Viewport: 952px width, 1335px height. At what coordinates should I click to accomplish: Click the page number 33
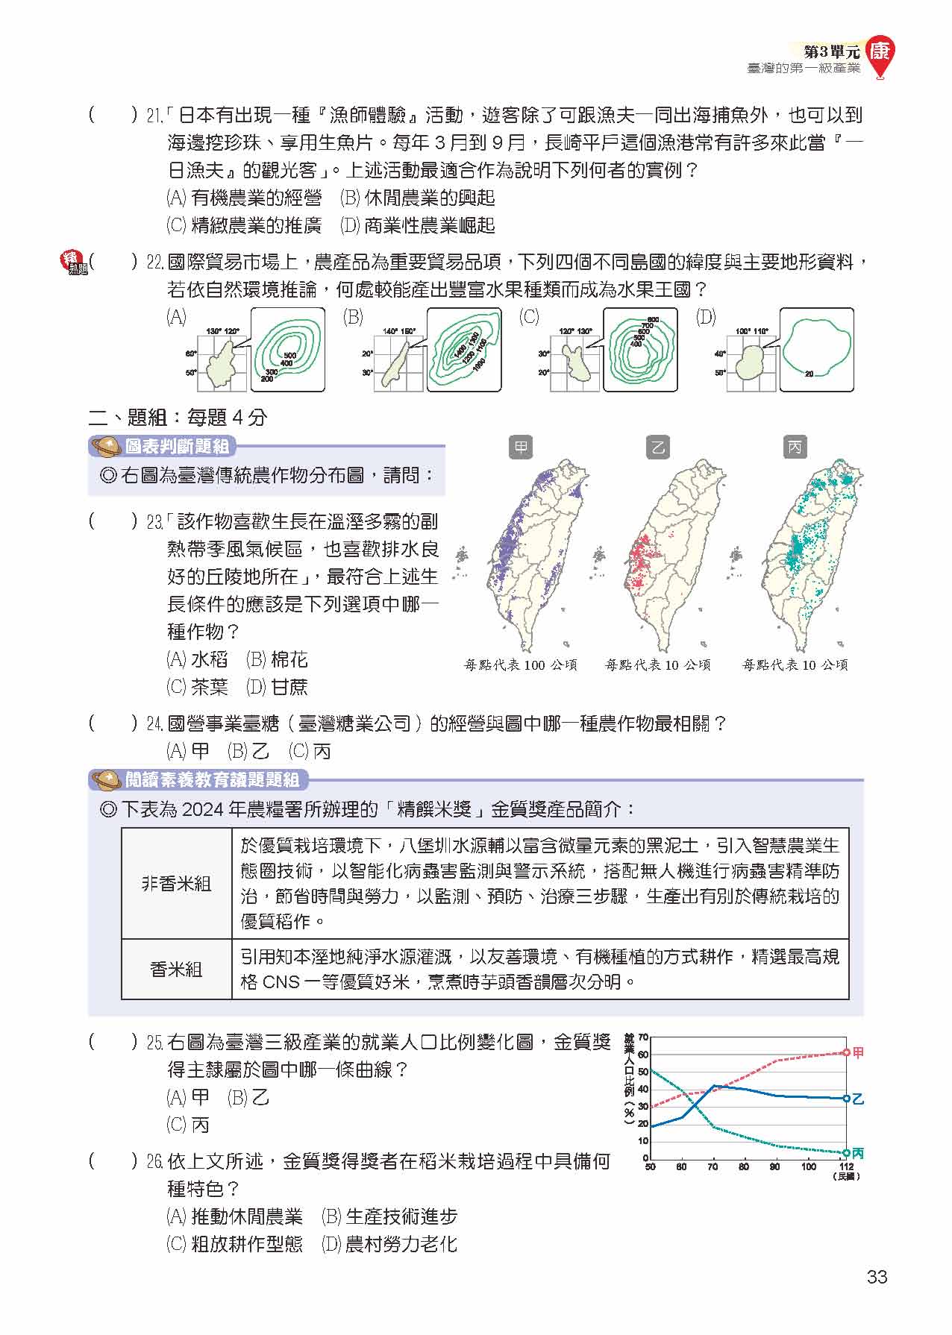point(877,1277)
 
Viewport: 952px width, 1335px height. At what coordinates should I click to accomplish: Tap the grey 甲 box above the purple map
point(521,447)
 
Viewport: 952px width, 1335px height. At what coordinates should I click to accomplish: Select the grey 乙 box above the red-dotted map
point(657,447)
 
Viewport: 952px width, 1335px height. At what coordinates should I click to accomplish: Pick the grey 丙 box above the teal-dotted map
point(795,447)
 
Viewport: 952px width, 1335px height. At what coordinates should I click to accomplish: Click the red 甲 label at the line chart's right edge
point(858,1052)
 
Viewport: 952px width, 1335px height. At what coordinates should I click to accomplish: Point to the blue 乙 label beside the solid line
point(858,1099)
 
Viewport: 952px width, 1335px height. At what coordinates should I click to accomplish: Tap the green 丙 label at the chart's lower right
point(858,1153)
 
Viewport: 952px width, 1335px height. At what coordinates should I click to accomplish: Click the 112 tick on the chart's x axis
point(846,1166)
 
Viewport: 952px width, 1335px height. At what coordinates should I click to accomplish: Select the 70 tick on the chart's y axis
point(643,1037)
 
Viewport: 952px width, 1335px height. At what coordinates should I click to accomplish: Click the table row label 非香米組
point(177,884)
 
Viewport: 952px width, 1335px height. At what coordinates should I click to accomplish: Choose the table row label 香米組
point(177,969)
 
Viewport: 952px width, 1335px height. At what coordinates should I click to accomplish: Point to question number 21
point(154,116)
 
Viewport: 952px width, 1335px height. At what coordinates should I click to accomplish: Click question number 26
point(154,1162)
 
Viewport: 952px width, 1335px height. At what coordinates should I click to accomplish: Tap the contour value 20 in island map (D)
point(809,374)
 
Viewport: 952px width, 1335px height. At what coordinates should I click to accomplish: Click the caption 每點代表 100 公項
point(521,665)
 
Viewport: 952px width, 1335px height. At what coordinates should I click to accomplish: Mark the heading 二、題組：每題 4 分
point(178,417)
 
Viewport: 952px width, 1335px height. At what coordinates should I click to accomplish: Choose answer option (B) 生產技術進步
point(389,1217)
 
